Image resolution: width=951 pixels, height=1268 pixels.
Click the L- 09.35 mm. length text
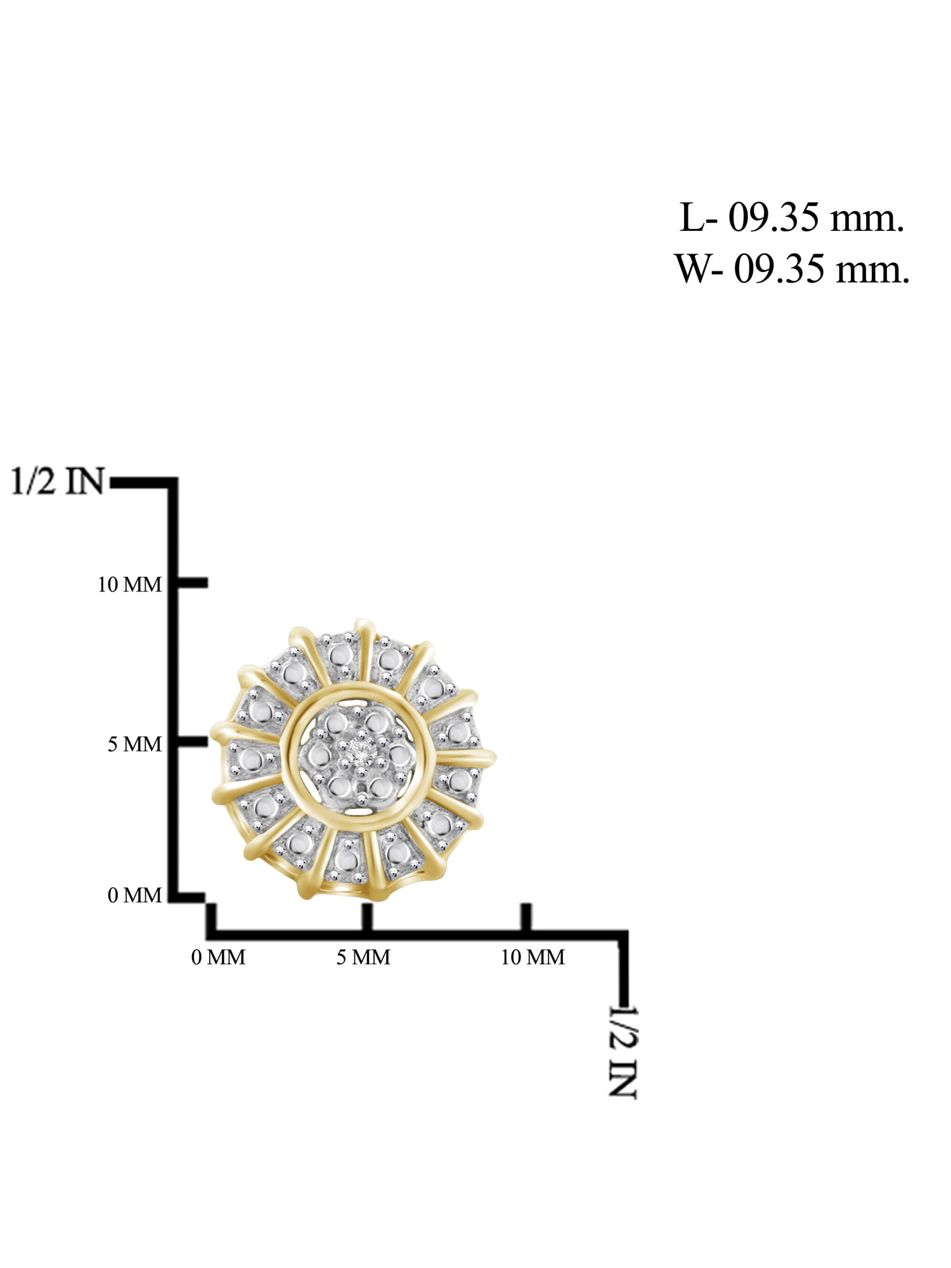click(791, 219)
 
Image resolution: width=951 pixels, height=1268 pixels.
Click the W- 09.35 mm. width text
click(792, 268)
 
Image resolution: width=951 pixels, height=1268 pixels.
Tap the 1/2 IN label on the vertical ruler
click(57, 482)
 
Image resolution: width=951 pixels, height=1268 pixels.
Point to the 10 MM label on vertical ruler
click(130, 585)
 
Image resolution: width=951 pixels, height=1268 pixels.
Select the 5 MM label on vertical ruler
click(134, 744)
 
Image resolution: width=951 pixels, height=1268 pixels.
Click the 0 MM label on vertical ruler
click(134, 895)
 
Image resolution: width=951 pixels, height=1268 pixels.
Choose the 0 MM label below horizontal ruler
click(218, 957)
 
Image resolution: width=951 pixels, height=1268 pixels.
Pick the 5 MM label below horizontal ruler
click(363, 957)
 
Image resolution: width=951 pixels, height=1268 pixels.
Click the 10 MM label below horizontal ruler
click(533, 957)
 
